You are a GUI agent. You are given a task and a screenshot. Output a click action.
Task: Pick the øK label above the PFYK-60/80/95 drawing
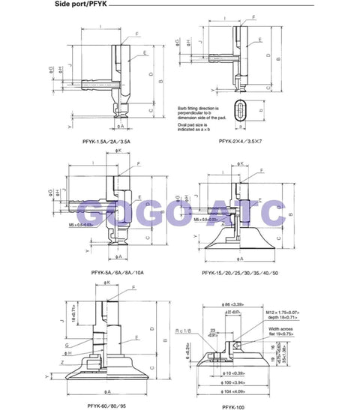click(x=108, y=283)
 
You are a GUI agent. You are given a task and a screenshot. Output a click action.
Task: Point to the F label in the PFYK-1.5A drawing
click(x=137, y=34)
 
